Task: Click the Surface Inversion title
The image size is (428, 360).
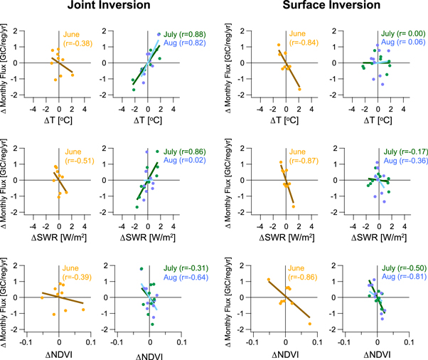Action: (317, 9)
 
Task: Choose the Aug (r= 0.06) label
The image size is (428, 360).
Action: (396, 42)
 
